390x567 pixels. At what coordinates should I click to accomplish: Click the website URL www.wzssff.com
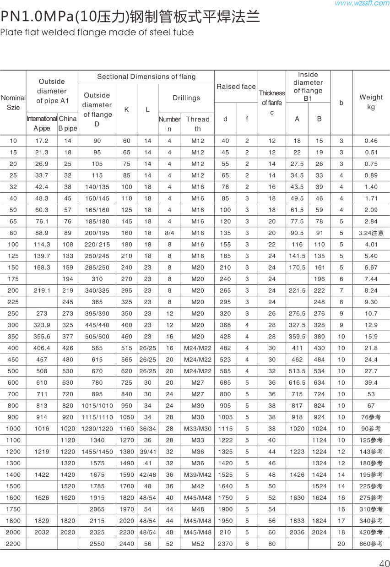[362, 4]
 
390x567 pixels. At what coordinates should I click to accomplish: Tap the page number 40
[384, 563]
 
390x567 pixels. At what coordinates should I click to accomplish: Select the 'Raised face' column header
[236, 87]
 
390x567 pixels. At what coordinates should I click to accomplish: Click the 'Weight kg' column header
[371, 102]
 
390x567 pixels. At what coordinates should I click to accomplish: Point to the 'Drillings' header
[186, 98]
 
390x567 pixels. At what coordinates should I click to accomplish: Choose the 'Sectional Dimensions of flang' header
[146, 76]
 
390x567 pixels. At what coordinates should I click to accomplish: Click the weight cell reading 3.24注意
[371, 233]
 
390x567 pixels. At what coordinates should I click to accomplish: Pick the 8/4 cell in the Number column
[169, 233]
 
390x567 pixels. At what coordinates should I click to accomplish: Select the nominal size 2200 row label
[13, 544]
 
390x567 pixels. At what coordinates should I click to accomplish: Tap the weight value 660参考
[371, 544]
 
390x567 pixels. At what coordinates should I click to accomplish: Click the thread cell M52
[198, 544]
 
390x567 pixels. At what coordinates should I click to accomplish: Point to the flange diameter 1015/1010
[97, 405]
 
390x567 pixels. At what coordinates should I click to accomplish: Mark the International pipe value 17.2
[42, 141]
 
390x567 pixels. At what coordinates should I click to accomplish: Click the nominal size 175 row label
[13, 279]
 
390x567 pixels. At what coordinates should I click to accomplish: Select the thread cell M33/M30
[198, 429]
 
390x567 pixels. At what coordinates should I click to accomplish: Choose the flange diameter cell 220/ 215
[97, 244]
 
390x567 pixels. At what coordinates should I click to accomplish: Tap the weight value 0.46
[371, 141]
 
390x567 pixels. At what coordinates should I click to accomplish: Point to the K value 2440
[126, 544]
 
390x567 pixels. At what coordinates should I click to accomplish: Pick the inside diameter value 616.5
[297, 382]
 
